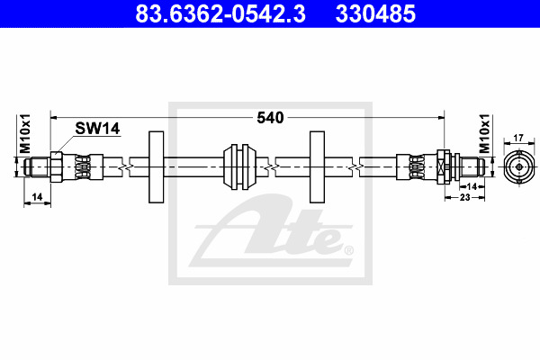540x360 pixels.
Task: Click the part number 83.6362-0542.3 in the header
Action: (x=220, y=13)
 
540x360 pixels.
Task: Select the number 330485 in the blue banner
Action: (x=375, y=13)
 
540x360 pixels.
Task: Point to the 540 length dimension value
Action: (x=270, y=118)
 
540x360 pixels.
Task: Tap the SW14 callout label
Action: (x=97, y=129)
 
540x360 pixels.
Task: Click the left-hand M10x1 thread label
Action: (x=25, y=134)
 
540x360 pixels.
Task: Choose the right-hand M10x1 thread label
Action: (x=484, y=134)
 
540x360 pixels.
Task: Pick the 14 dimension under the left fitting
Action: (x=37, y=197)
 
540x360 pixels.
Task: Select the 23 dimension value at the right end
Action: (x=465, y=197)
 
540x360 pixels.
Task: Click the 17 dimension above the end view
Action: (x=518, y=138)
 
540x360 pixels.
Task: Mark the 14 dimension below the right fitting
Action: (x=472, y=186)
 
